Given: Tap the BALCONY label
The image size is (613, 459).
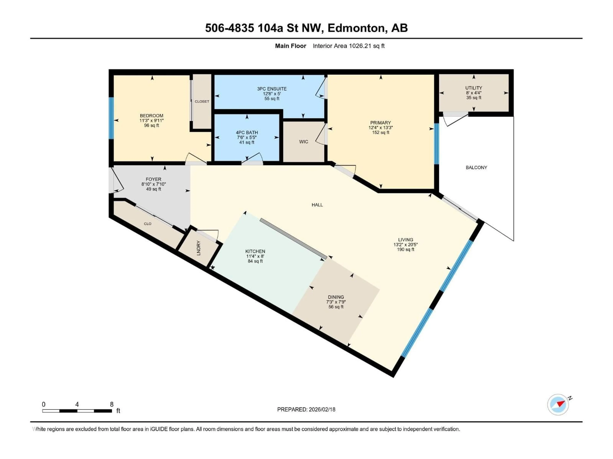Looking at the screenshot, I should pos(476,167).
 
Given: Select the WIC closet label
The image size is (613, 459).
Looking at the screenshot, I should pos(303,142).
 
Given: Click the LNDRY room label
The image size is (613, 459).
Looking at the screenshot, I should pos(198,248).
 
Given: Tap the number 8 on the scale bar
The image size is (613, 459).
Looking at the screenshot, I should pos(112,404).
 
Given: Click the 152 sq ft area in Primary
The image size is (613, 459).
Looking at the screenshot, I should pos(381,133).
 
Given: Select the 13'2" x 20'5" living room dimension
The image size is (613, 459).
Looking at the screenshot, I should pos(405,245).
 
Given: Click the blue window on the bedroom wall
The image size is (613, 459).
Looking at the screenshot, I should pos(111,118).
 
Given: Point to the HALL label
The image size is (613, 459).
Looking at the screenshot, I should pos(317,205).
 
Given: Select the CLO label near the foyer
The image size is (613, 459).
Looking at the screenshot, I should pos(148,224).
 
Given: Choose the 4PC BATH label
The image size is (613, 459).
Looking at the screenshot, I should pos(247,133).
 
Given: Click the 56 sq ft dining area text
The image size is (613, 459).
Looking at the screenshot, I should pos(336,307).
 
